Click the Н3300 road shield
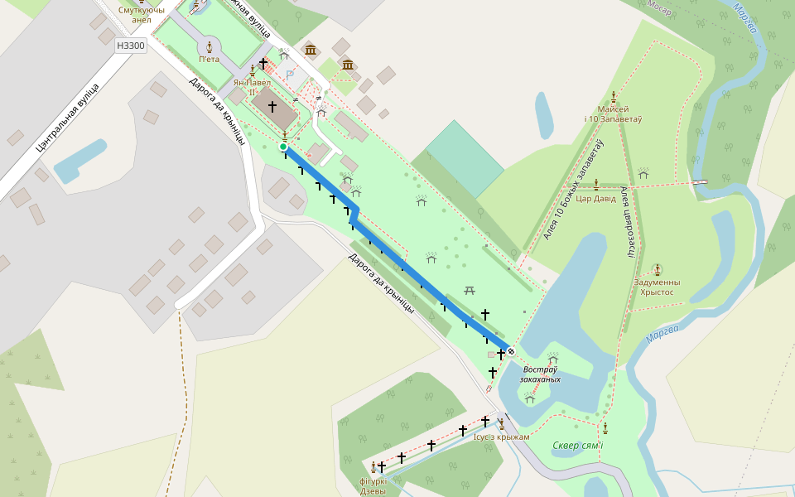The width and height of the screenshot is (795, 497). click(131, 46)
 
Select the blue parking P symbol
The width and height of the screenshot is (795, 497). click(289, 75)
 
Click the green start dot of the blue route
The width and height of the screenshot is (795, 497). click(283, 147)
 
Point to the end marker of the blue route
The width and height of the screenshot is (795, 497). click(511, 350)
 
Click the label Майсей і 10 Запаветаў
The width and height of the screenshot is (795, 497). click(613, 114)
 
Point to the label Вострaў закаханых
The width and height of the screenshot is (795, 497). click(540, 374)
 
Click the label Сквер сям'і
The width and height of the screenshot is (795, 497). click(578, 446)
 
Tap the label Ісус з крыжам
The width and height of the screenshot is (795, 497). click(501, 437)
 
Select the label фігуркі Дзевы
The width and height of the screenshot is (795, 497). click(373, 485)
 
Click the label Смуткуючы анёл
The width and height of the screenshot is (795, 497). click(141, 14)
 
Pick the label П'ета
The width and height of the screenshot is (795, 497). click(209, 59)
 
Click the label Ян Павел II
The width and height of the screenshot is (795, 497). click(252, 87)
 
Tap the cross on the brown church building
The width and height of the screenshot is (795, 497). click(272, 107)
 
